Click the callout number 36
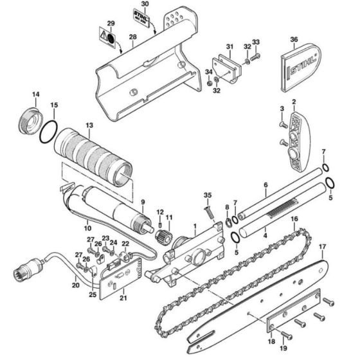[x=294, y=40]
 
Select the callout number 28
[x=133, y=38]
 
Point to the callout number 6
[x=265, y=185]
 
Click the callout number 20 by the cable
[x=76, y=285]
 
